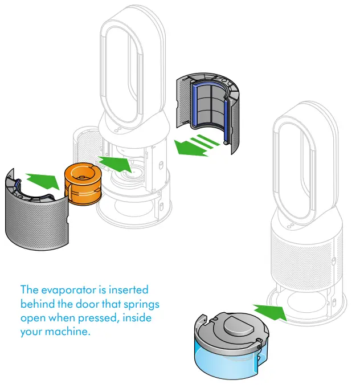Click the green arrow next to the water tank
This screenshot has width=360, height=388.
269,311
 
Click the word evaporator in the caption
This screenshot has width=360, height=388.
67,290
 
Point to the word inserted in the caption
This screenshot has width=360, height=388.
129,290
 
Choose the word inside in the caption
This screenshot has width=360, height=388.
139,317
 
